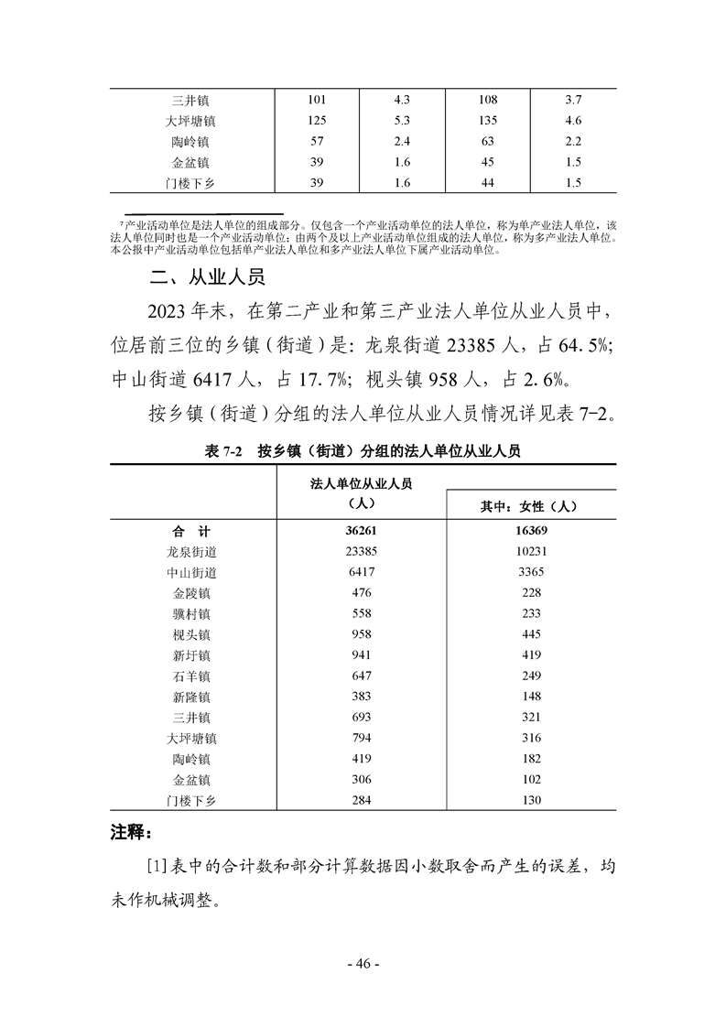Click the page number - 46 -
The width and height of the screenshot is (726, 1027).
click(x=363, y=964)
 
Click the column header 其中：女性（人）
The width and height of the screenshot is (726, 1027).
click(x=530, y=505)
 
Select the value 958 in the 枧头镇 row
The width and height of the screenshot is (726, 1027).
click(x=360, y=633)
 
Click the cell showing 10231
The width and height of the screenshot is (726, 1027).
click(x=530, y=551)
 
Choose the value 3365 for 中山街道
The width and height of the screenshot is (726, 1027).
click(x=530, y=572)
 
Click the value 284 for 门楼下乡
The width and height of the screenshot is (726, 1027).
click(x=360, y=800)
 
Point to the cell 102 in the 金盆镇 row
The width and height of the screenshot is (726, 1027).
click(x=530, y=779)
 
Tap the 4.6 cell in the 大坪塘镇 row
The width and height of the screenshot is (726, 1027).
click(x=574, y=120)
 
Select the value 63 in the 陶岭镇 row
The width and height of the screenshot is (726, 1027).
click(x=487, y=141)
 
